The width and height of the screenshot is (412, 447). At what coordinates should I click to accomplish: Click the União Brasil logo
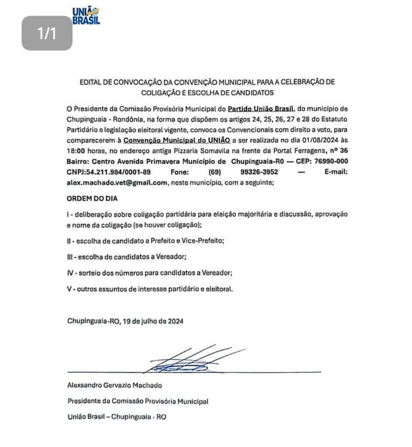(x=86, y=15)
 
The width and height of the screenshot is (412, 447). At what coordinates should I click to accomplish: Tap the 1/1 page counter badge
(x=47, y=33)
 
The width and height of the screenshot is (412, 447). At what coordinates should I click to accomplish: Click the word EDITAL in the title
(x=92, y=82)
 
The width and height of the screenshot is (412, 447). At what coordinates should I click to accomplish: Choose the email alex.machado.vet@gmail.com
(x=117, y=182)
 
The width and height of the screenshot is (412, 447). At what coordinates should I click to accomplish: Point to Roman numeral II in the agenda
(x=70, y=240)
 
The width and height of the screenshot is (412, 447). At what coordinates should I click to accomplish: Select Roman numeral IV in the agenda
(x=70, y=273)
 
